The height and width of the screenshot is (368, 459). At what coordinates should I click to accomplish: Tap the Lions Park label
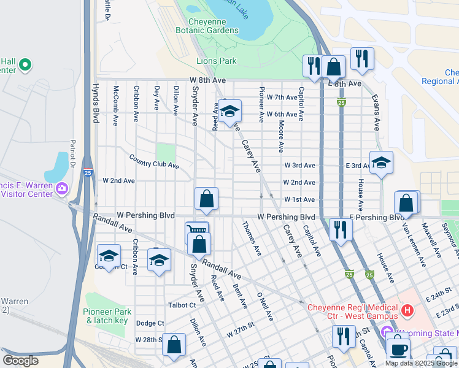coord(216,61)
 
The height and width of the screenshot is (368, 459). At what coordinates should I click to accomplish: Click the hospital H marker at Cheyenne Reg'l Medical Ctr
coord(405,312)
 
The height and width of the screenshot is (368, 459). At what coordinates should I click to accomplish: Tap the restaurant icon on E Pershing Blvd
coord(339,229)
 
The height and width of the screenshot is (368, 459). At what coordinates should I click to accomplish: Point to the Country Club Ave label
coord(154,161)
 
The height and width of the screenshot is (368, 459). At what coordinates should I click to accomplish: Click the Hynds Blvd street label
coord(96,104)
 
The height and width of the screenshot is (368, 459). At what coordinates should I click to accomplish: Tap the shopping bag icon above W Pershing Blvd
coord(207,199)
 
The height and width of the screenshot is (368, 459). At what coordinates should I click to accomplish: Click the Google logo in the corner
coord(20,361)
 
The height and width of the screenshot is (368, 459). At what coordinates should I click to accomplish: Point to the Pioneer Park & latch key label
coord(106,316)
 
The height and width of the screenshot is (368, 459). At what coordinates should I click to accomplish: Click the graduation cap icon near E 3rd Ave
coord(381,163)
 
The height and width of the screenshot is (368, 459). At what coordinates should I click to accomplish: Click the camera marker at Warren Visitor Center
coord(61,189)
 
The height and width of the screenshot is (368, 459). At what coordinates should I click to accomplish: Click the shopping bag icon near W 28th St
coord(174,345)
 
